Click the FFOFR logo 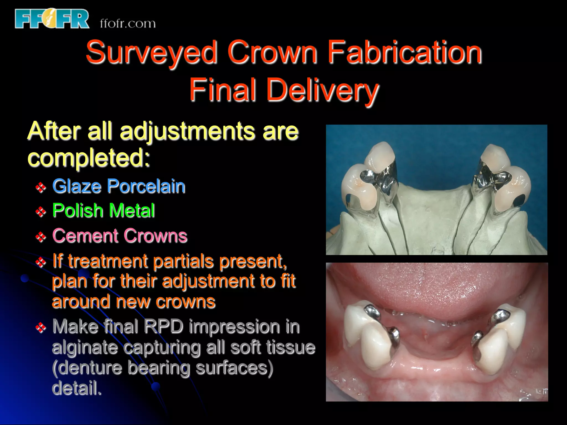52,19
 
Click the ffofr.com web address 128,24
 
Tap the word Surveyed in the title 151,53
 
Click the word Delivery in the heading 322,90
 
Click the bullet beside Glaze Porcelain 41,187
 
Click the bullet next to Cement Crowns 41,237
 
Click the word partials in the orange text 183,261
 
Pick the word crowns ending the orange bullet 185,302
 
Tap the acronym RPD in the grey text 163,326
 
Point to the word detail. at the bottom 77,388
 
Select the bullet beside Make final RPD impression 41,328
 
